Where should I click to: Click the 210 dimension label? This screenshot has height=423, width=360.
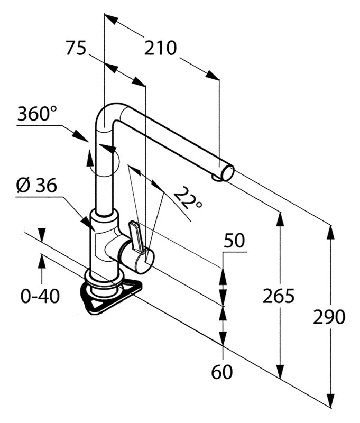[x=160, y=49]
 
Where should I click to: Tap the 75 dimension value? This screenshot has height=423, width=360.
[x=76, y=49]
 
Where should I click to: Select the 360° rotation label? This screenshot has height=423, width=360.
[x=37, y=114]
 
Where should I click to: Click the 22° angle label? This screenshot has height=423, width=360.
[x=187, y=198]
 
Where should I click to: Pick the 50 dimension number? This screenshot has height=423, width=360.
[x=235, y=241]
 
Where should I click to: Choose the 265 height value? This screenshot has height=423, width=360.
[x=278, y=296]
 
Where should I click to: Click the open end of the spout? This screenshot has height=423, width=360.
[x=227, y=172]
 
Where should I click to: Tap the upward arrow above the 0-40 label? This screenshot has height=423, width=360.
[x=41, y=261]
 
